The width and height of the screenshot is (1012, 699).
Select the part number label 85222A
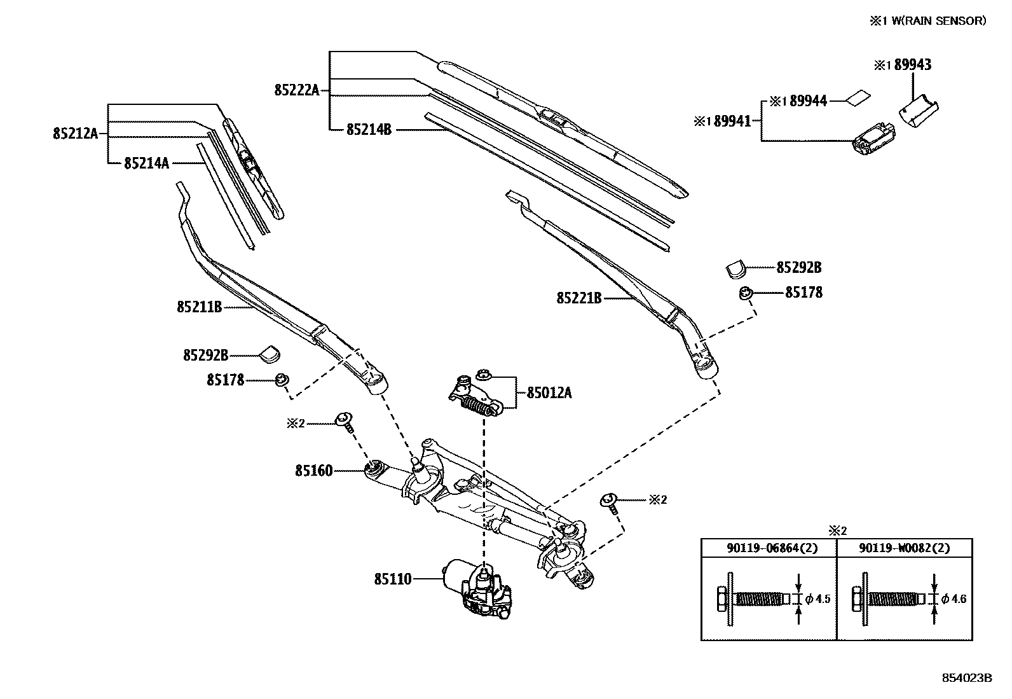(x=296, y=90)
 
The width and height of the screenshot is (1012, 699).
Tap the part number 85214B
(x=368, y=130)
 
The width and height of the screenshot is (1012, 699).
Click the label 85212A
(x=75, y=134)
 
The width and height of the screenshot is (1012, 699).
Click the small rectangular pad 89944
(x=858, y=98)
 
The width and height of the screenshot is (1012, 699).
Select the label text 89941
(x=731, y=121)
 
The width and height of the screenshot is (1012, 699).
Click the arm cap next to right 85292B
(x=735, y=268)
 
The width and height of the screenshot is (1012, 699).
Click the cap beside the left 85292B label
(x=273, y=352)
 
